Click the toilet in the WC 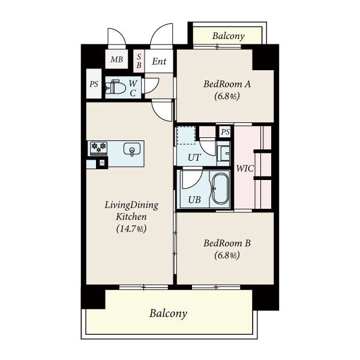pos(115,88)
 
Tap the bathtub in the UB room pos(220,189)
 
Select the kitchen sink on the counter pos(132,149)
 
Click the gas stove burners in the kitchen pos(99,148)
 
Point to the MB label pos(116,59)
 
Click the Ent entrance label pos(159,61)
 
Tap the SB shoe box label pos(139,61)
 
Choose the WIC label pos(245,169)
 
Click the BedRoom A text pos(227,84)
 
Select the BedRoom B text pos(227,243)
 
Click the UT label pos(194,157)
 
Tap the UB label pos(194,200)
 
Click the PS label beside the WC pos(94,84)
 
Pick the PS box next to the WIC pos(225,132)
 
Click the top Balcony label pos(229,36)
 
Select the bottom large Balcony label pos(168,313)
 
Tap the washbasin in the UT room pos(223,153)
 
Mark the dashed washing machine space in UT pos(186,135)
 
